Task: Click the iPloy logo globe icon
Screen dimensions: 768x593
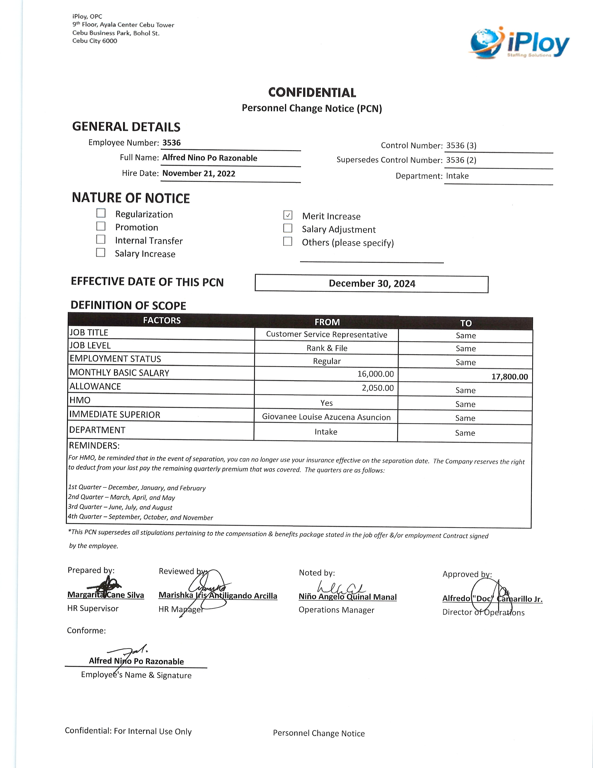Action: [x=486, y=42]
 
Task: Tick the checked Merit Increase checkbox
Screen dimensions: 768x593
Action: [x=288, y=215]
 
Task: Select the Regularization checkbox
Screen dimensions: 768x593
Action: [x=101, y=213]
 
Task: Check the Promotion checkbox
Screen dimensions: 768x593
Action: [x=101, y=226]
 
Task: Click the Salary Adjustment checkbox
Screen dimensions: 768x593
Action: [x=288, y=228]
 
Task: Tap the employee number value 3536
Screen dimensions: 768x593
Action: [x=171, y=143]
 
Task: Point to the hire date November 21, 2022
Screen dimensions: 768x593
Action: [x=199, y=173]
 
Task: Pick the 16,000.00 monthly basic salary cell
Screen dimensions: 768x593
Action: [x=376, y=374]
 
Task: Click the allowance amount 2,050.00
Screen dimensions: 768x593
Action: [x=378, y=388]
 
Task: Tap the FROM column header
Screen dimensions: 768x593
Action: [x=327, y=322]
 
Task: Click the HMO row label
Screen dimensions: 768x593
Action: [x=80, y=400]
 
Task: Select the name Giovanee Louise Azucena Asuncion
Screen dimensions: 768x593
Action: [x=326, y=417]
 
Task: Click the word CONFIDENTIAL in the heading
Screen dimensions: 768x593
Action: [x=312, y=92]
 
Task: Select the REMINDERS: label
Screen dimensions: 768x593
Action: [x=94, y=445]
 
